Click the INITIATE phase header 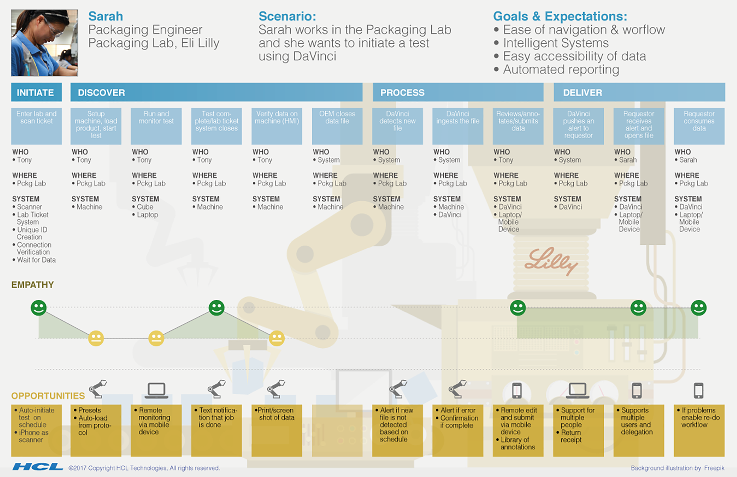click(36, 92)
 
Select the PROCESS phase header click(402, 92)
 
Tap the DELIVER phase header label click(582, 92)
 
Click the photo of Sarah click(44, 43)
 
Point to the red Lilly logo click(551, 261)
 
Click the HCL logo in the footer click(38, 467)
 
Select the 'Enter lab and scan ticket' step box click(36, 126)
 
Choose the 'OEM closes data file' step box click(337, 126)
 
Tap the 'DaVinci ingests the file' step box click(458, 126)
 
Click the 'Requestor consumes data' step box click(699, 126)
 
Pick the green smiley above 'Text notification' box click(216, 308)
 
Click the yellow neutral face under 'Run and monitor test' click(156, 338)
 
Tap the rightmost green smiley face click(698, 308)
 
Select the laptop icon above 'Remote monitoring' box click(156, 390)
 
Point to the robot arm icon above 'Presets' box click(98, 389)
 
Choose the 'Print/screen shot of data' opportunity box click(277, 430)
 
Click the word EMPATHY click(32, 285)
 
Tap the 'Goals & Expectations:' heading click(560, 16)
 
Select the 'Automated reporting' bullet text click(561, 69)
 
